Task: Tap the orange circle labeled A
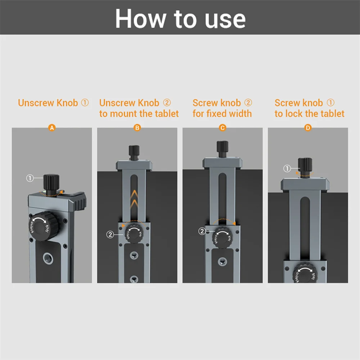coord(52,128)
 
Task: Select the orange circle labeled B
coord(137,128)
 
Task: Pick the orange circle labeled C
coord(222,128)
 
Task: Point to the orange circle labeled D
coord(308,128)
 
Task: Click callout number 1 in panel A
coord(30,178)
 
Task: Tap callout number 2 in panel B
coord(110,234)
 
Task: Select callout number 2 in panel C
coord(202,231)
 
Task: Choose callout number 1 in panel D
coord(287,168)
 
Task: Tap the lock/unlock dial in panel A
coord(44,226)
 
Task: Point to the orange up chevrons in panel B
coord(134,199)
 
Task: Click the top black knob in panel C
coord(222,149)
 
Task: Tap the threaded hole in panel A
coord(48,258)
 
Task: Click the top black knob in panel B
coord(134,152)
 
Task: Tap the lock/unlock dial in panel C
coord(222,238)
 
